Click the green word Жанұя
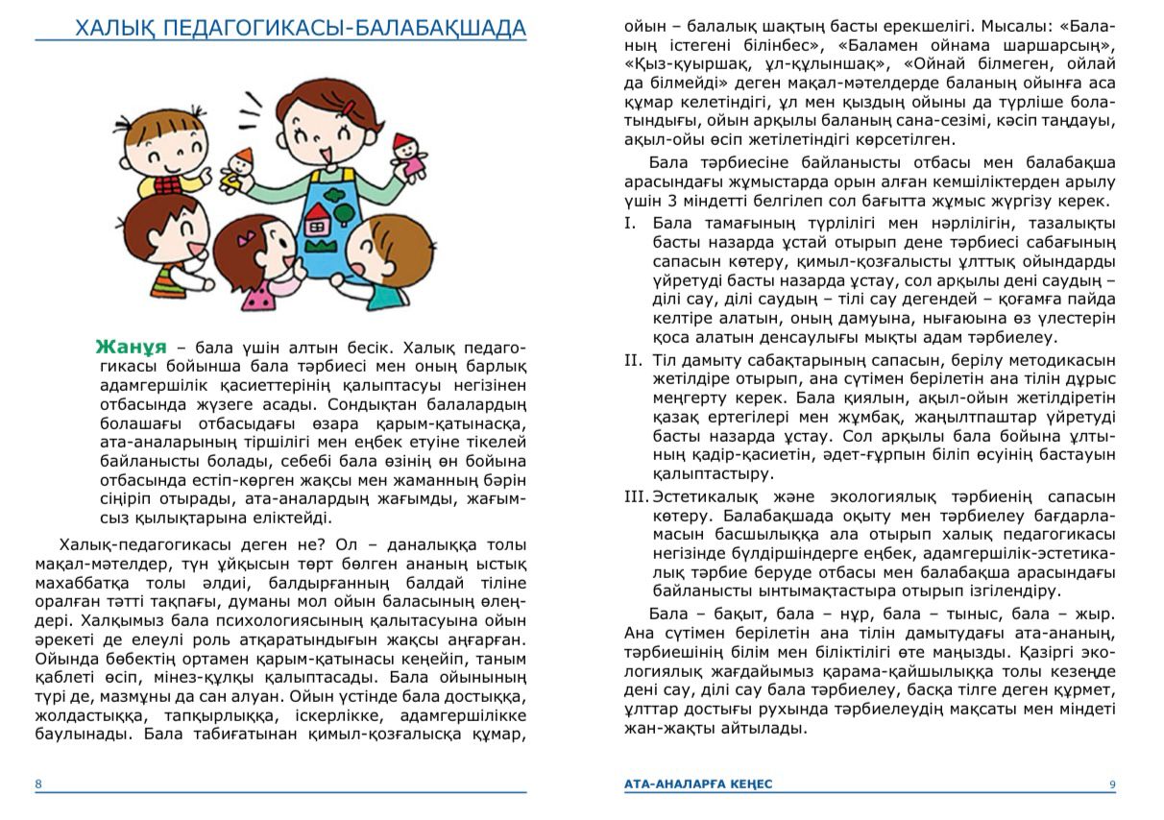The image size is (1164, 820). [132, 347]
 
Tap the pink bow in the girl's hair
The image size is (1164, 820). [249, 233]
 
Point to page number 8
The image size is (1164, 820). [38, 784]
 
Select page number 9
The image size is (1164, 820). [1112, 784]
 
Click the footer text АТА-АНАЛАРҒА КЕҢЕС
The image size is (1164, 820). [697, 784]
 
